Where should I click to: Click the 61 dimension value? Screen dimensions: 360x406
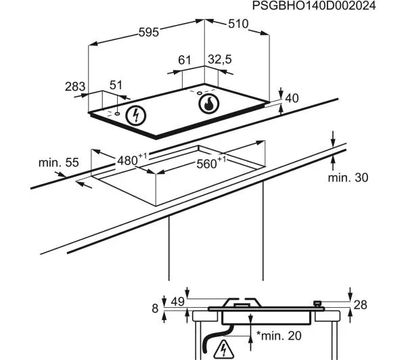(185, 61)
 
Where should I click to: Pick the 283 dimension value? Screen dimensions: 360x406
(75, 86)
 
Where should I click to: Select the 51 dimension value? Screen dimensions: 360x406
(116, 85)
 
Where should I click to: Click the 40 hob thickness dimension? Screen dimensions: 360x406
(292, 98)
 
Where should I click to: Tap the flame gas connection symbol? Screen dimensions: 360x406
(208, 104)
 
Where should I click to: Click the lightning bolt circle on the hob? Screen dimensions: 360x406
(137, 115)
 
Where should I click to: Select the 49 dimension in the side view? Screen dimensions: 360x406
(177, 302)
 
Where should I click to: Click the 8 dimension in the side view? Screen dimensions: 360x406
(154, 308)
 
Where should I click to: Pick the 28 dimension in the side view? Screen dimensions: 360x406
(361, 305)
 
